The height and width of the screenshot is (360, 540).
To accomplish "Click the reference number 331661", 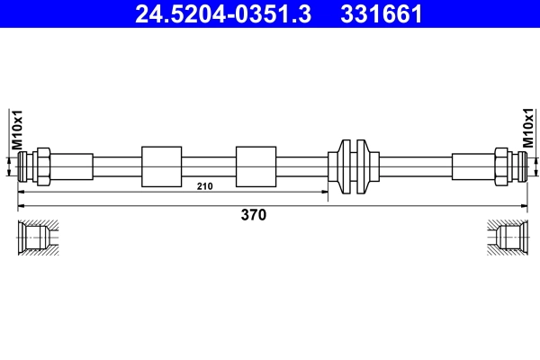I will click(x=379, y=13).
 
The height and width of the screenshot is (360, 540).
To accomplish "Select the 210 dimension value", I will click(x=204, y=186).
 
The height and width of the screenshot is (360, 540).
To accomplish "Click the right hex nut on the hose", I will click(x=500, y=166).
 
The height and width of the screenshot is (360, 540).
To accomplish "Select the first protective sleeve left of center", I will click(x=162, y=166).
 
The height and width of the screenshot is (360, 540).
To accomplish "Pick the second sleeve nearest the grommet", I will click(x=255, y=166).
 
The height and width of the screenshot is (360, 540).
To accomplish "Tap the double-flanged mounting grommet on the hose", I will click(x=350, y=166).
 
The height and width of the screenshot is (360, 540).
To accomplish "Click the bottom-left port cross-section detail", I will click(x=38, y=238).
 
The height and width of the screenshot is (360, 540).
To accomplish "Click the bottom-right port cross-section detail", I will click(x=505, y=238).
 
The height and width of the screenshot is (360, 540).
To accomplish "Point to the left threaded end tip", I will click(x=23, y=166).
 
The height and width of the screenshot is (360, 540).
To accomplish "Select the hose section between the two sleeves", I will click(x=208, y=166).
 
